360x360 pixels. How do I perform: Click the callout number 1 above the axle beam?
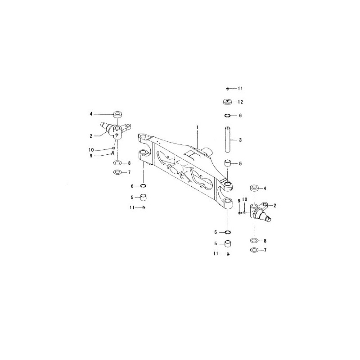coord(197,127)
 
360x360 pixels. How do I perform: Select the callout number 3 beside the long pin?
coord(240,140)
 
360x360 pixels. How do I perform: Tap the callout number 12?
coord(240,102)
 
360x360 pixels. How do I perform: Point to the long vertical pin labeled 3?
coord(228,139)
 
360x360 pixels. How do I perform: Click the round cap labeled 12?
coord(227,102)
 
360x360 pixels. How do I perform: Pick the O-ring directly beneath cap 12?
coord(227,116)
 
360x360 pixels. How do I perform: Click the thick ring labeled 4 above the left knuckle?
coord(117,114)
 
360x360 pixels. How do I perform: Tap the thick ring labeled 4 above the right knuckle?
coord(254,188)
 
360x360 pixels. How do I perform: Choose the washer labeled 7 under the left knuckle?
coord(117,172)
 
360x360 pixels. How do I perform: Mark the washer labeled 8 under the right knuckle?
coord(254,241)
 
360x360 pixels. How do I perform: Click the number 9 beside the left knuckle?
coord(91,156)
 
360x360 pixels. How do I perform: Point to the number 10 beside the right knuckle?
coord(245,199)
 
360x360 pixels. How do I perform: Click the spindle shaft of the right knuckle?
coord(267,218)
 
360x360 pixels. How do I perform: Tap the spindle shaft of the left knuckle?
coord(105,126)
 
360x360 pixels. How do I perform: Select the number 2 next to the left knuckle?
coord(91,136)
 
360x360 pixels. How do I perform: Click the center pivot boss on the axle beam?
coord(208,151)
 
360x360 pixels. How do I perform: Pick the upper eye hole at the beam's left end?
coord(144,137)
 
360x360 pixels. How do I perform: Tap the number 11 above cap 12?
coord(240,88)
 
